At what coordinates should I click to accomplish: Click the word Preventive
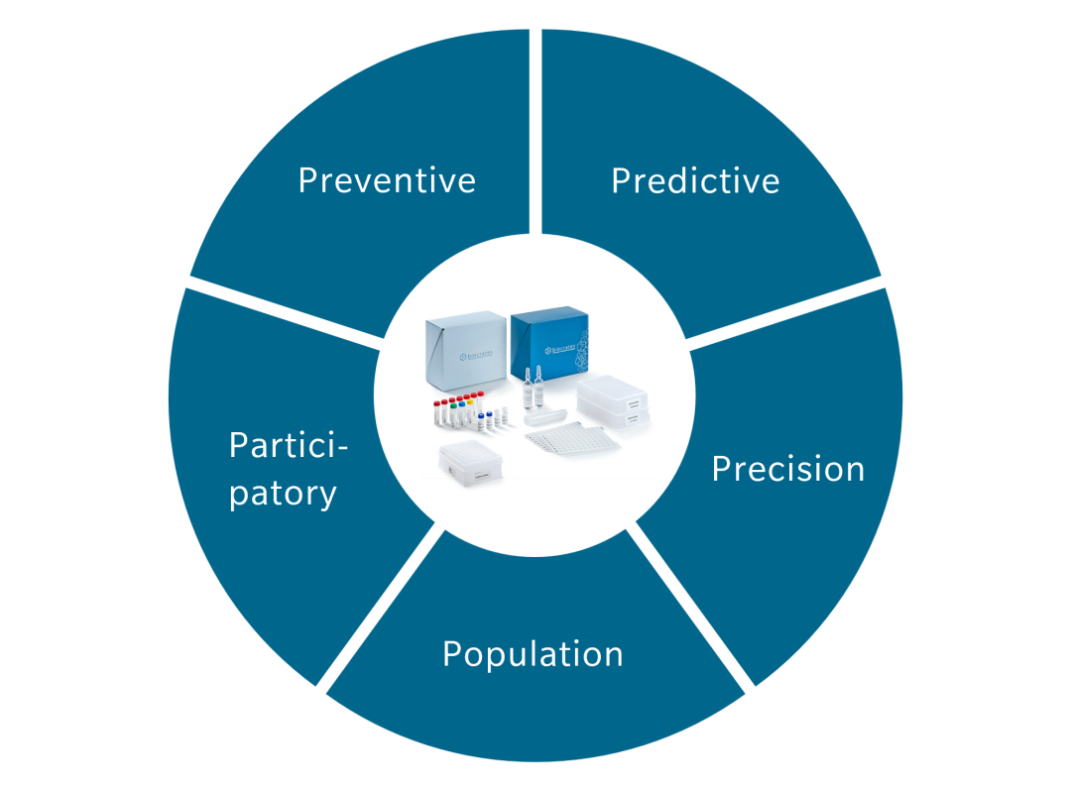[x=387, y=180]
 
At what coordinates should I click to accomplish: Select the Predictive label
[x=695, y=180]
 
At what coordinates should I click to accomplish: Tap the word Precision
[x=787, y=468]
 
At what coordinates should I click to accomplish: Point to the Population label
[x=533, y=654]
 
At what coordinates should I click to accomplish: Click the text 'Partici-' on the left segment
[x=289, y=445]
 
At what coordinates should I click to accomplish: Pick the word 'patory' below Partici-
[x=283, y=493]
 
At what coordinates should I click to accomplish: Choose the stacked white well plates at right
[x=616, y=402]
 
